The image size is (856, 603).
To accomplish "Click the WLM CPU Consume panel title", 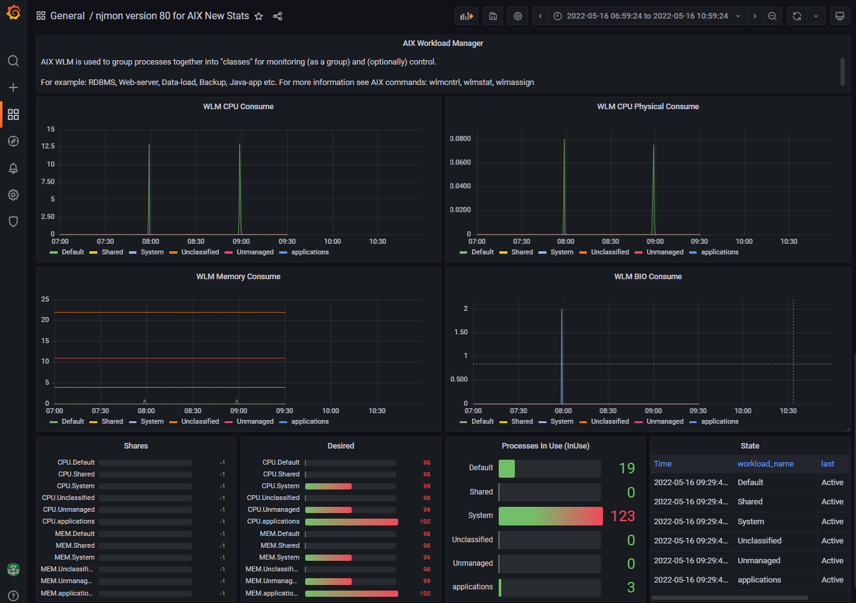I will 238,107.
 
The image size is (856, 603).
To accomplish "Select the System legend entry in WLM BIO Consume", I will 561,422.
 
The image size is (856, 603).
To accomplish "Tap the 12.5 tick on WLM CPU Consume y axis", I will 48,146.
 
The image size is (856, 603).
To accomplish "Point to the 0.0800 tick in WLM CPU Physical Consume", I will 460,139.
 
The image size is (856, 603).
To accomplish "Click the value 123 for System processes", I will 623,516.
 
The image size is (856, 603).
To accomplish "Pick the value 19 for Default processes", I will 626,468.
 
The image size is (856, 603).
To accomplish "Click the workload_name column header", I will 765,464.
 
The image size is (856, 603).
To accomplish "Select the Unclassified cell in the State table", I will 759,541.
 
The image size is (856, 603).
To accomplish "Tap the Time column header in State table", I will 662,464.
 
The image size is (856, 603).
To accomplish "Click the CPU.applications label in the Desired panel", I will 273,522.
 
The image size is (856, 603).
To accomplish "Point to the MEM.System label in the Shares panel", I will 75,558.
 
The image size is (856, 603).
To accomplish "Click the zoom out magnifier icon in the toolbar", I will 772,16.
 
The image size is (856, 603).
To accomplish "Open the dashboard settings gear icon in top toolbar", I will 518,16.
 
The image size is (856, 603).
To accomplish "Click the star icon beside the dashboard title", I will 259,16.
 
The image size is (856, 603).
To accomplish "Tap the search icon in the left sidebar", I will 13,61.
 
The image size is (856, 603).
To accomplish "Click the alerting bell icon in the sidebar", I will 13,168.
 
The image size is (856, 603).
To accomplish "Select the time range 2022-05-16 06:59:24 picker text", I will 647,16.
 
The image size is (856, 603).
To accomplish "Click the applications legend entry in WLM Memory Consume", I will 310,422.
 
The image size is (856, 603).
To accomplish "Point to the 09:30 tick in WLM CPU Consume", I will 287,242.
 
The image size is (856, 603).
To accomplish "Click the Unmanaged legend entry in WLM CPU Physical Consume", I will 664,252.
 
